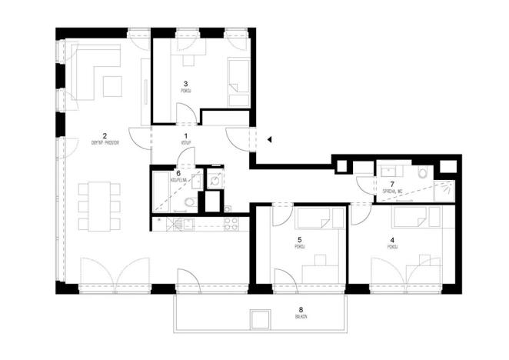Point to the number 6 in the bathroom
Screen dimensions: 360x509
coord(178,173)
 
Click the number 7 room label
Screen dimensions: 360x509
coord(392,184)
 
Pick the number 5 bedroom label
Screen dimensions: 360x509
coord(299,240)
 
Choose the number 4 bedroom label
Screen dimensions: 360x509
coord(392,241)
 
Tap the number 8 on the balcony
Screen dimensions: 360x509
coord(301,310)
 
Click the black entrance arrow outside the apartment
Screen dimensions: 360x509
coord(269,140)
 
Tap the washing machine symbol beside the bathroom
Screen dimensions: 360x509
coord(215,182)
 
